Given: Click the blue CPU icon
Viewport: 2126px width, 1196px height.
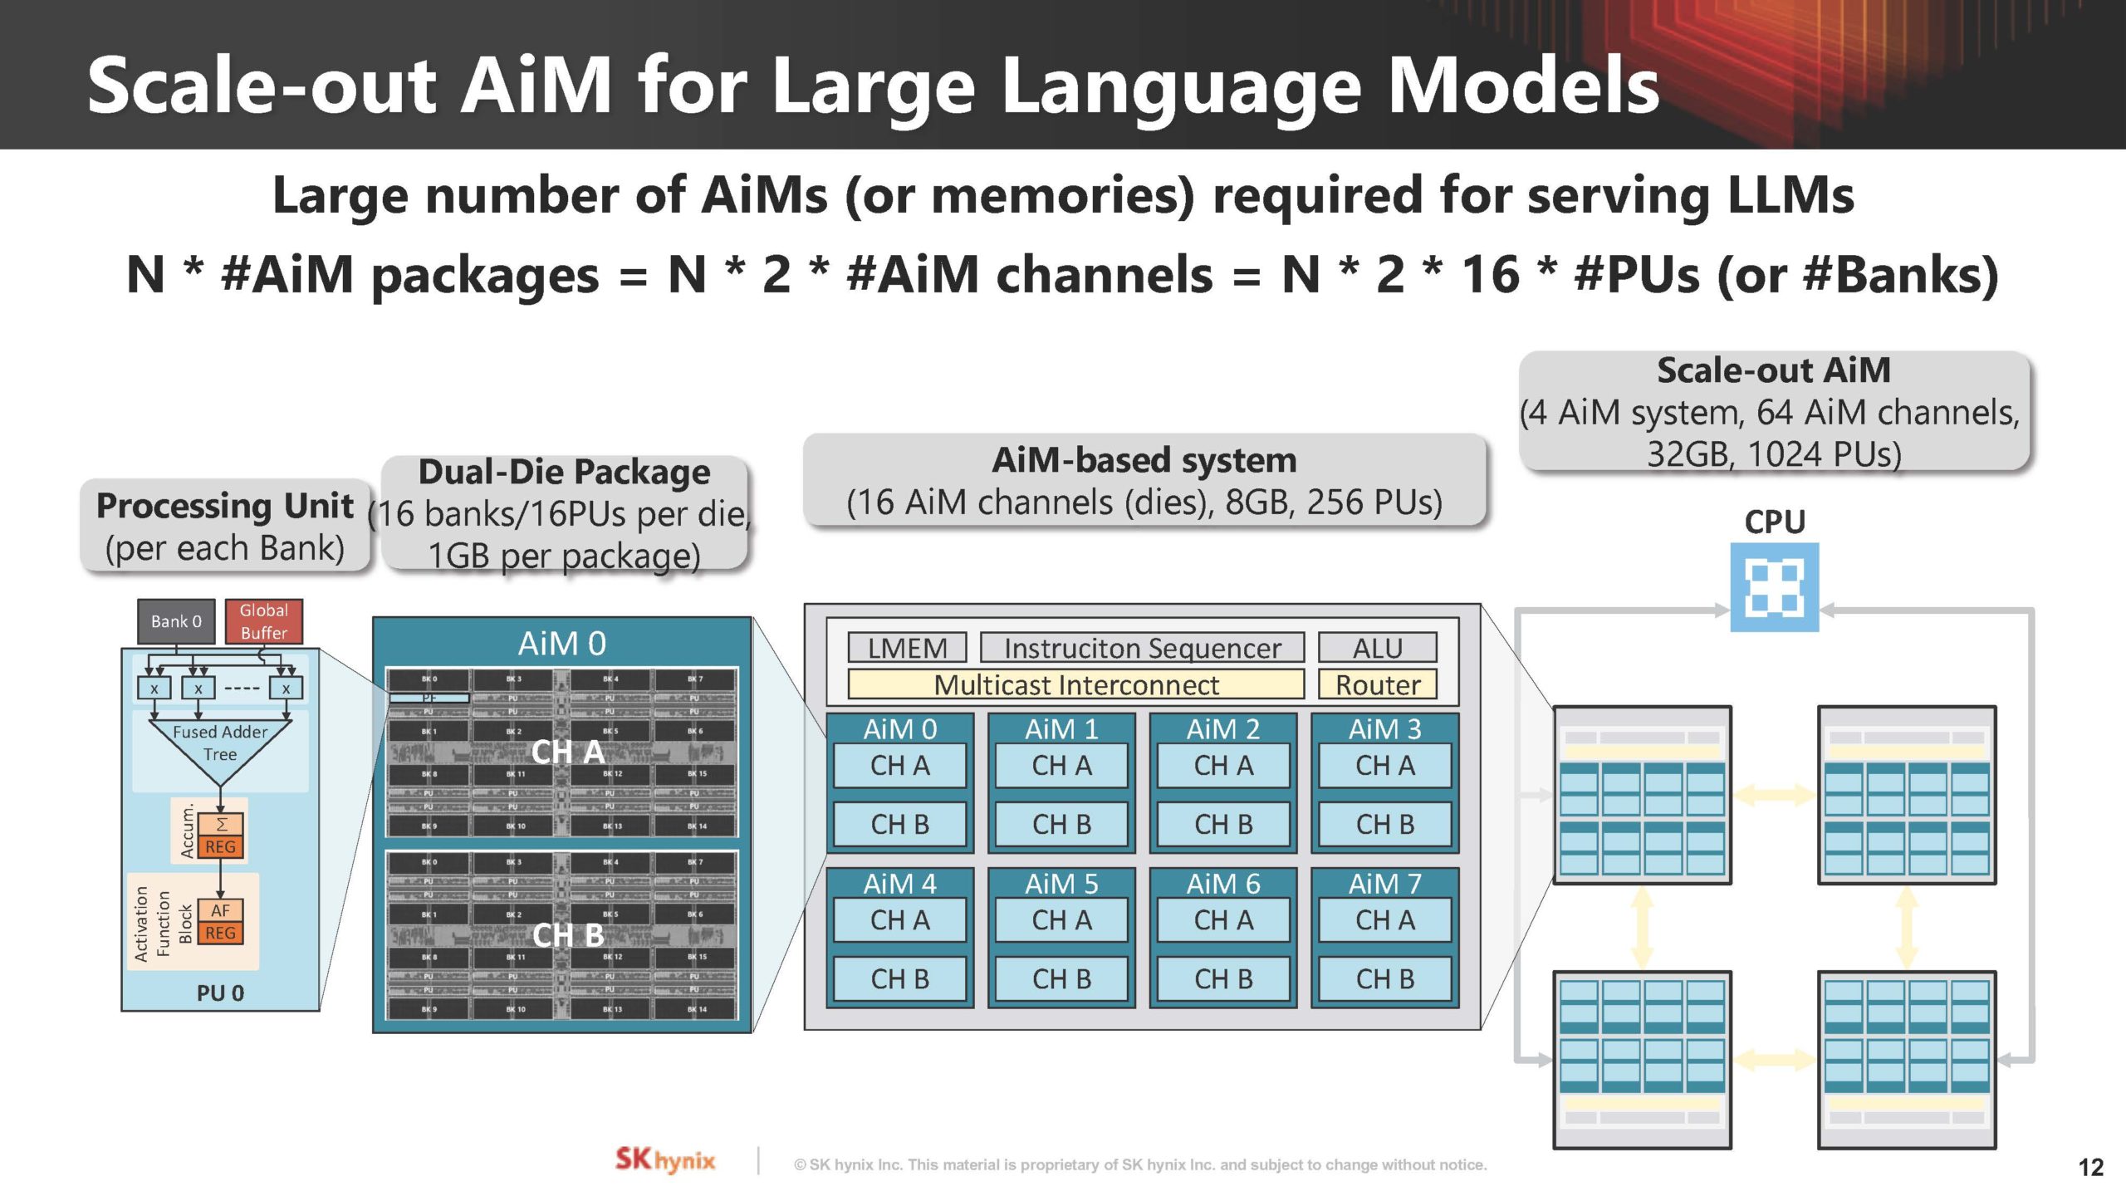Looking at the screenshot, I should pos(1774,586).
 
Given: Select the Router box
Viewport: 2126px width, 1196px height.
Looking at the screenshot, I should pos(1377,684).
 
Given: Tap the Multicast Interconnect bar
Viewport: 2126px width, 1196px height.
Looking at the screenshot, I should pos(1075,684).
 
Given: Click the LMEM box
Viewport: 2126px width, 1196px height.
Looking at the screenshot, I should pos(907,648).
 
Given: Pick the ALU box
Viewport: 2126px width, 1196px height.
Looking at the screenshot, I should pos(1377,648).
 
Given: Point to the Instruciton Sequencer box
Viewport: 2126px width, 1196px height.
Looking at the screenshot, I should pos(1142,648).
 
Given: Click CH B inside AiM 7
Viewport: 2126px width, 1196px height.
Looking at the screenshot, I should pos(1384,979).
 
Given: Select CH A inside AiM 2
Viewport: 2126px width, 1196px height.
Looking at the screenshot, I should pos(1222,765).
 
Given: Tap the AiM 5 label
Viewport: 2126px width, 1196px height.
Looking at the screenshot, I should pos(1061,884).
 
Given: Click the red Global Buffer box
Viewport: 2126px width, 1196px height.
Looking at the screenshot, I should pos(264,621).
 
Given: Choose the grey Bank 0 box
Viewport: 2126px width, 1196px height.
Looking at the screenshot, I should pos(176,621).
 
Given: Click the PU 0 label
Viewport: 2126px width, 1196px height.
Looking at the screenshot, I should pos(220,993).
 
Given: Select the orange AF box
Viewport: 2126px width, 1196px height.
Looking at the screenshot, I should pos(220,910).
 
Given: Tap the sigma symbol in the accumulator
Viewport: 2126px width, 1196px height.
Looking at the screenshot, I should pos(221,824).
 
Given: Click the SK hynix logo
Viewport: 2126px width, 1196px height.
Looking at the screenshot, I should pos(664,1160).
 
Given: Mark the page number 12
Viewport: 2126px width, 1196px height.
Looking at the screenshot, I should pos(2090,1168).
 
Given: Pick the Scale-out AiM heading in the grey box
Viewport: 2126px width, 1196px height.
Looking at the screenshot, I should pos(1773,370).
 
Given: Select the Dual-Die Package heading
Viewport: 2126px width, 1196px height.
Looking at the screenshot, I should pos(564,472).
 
